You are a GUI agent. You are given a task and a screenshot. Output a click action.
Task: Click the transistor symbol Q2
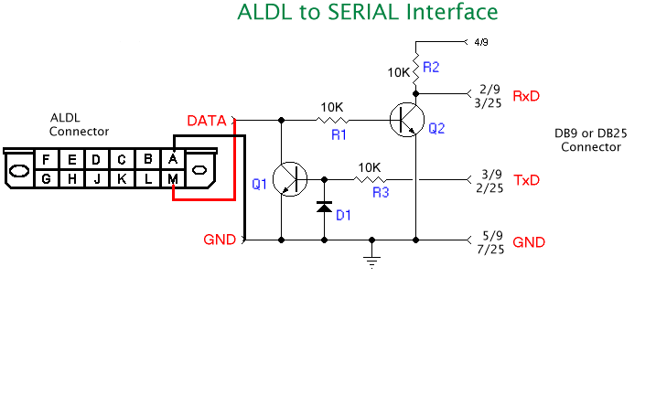pyautogui.click(x=404, y=120)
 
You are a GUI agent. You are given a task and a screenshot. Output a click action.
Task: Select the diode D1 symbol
pyautogui.click(x=324, y=207)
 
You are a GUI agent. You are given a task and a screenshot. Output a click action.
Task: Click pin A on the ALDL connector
pyautogui.click(x=174, y=159)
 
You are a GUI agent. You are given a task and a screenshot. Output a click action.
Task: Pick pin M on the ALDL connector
pyautogui.click(x=174, y=179)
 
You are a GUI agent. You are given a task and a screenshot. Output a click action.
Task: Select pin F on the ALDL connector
pyautogui.click(x=46, y=159)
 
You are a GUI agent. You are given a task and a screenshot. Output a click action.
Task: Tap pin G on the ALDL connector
pyautogui.click(x=46, y=179)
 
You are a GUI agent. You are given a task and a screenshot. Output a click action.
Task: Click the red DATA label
pyautogui.click(x=206, y=121)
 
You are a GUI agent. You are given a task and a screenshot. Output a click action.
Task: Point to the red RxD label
pyautogui.click(x=526, y=96)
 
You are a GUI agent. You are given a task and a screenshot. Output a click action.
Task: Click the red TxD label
pyautogui.click(x=526, y=180)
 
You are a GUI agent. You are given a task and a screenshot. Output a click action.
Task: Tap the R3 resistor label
pyautogui.click(x=380, y=193)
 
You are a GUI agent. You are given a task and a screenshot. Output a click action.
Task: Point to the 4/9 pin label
pyautogui.click(x=482, y=41)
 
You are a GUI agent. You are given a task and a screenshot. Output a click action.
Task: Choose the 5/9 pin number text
pyautogui.click(x=490, y=235)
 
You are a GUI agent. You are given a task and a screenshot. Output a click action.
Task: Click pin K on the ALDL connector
pyautogui.click(x=123, y=179)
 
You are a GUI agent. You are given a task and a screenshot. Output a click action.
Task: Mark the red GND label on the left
pyautogui.click(x=220, y=240)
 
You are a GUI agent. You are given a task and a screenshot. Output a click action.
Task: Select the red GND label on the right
pyautogui.click(x=530, y=242)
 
